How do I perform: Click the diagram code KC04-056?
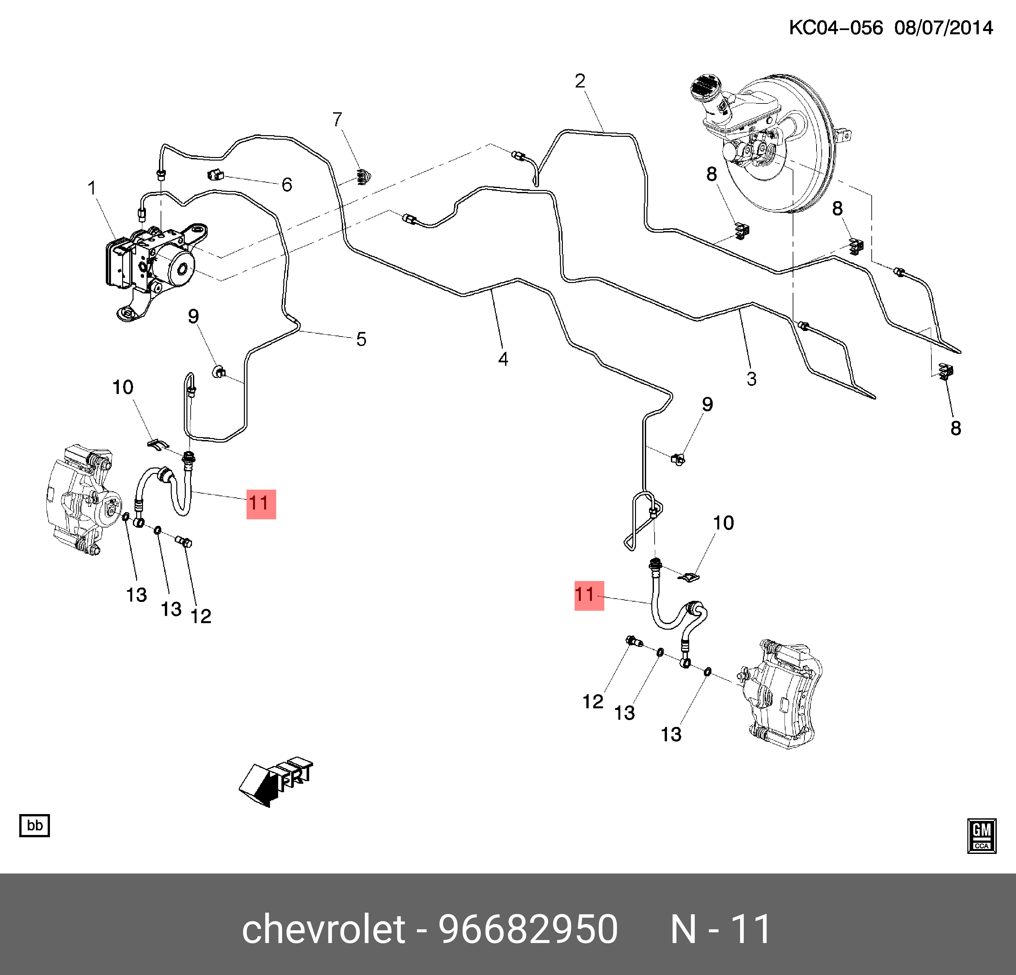(x=835, y=27)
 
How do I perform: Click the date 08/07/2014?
(x=944, y=27)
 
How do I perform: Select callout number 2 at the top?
(x=580, y=81)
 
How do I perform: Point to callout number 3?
(x=752, y=379)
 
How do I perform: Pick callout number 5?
(x=361, y=339)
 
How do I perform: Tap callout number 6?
(x=287, y=184)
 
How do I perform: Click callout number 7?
(x=338, y=120)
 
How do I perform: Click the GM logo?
(x=981, y=836)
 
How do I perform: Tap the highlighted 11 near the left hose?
(x=261, y=504)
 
